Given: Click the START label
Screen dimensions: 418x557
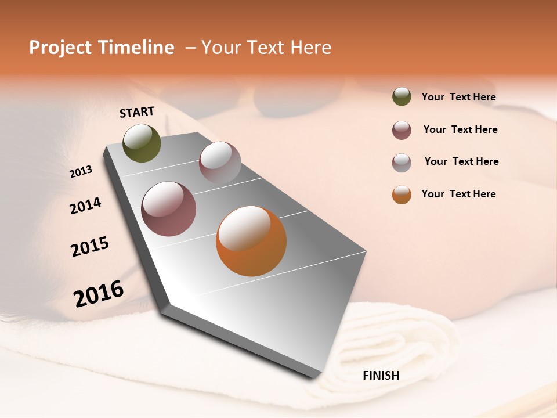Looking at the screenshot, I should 137,112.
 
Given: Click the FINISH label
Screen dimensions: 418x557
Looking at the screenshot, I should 381,376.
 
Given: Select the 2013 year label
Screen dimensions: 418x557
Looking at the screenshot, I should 81,172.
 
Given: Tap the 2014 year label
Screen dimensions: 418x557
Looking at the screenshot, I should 85,206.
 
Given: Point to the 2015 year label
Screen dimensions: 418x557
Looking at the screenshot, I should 90,247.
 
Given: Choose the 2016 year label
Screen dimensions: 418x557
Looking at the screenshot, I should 99,293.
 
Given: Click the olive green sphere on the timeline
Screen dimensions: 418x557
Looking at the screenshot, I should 142,143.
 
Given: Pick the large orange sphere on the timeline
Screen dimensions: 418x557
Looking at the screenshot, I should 251,241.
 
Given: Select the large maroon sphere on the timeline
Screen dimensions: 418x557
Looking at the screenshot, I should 168,209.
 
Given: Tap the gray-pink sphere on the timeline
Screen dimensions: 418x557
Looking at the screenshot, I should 220,163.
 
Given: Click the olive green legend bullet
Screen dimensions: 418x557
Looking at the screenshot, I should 402,96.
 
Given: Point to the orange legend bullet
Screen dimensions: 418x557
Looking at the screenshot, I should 402,194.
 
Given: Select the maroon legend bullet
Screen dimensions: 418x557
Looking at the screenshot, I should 402,130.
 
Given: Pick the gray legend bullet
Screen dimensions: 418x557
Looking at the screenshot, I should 402,163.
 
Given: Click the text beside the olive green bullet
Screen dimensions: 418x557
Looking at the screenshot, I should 458,98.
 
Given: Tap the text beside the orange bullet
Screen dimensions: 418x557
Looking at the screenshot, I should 458,194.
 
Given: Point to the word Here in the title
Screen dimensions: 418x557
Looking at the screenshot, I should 310,48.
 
